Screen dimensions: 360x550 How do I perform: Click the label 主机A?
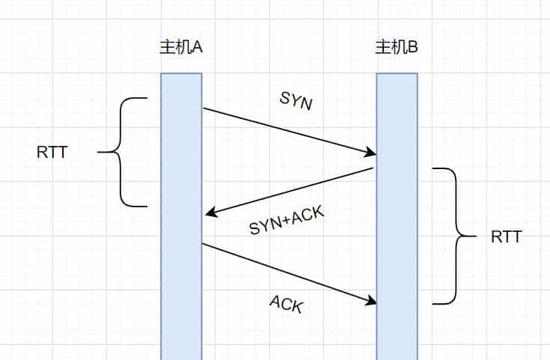tap(181, 47)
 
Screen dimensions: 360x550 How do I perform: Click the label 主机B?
tap(397, 47)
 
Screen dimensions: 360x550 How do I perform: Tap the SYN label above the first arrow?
tap(296, 100)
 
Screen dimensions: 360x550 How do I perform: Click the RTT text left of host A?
tap(52, 153)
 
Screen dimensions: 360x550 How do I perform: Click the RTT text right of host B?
tap(507, 237)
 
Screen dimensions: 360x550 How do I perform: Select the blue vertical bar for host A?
tap(181, 217)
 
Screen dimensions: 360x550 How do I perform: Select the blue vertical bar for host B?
tap(397, 217)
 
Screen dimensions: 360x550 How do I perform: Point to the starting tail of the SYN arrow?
tap(204, 109)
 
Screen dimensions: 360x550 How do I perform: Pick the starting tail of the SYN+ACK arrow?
tap(372, 169)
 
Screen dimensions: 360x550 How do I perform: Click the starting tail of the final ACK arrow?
tap(204, 243)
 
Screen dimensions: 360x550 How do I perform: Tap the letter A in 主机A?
tap(198, 47)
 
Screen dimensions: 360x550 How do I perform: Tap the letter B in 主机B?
tap(413, 47)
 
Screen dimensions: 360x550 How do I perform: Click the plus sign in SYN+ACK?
tap(285, 223)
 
